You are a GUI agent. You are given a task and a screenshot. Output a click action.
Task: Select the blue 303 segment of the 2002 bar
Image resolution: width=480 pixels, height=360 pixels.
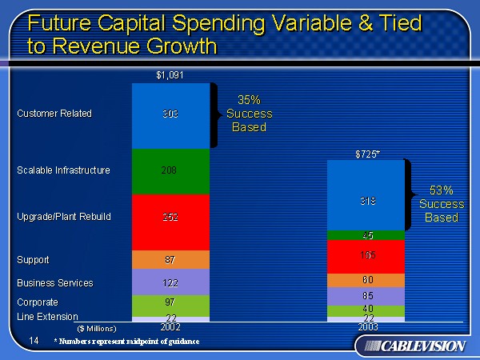[170, 114]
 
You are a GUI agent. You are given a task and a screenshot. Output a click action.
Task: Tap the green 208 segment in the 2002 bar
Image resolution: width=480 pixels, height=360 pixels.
[170, 170]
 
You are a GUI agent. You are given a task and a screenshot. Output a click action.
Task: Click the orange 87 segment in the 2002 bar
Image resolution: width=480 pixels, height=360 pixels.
[170, 260]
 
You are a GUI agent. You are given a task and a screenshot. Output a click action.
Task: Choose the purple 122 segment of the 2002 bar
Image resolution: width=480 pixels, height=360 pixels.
[170, 282]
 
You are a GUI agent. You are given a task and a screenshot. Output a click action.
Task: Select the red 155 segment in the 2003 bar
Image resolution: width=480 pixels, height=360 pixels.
[367, 256]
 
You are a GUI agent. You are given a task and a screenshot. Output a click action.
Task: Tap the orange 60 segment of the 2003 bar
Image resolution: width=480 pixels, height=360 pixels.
[367, 280]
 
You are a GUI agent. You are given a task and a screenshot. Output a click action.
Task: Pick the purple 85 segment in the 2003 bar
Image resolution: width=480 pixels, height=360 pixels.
[367, 296]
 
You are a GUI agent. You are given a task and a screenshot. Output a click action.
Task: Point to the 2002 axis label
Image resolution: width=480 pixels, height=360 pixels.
[170, 327]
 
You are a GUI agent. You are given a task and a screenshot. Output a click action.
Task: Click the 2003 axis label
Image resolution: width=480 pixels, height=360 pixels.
[367, 327]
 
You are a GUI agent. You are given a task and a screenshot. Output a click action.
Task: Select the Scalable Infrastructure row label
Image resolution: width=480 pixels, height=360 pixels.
[63, 170]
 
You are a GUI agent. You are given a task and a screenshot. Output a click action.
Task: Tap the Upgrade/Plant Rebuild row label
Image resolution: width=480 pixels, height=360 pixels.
[63, 217]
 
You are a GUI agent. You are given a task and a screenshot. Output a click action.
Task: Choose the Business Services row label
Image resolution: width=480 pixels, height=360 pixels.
[54, 283]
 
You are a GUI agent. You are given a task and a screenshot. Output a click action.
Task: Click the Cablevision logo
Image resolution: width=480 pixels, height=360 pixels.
[412, 346]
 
